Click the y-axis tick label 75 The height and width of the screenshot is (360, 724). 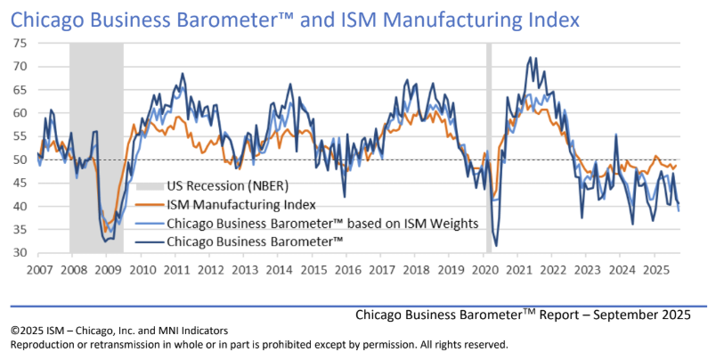tap(20, 43)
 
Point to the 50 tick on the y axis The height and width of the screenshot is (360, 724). tap(20, 160)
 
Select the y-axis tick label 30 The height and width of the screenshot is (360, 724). tap(20, 253)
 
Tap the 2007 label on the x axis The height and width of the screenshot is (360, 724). tap(39, 269)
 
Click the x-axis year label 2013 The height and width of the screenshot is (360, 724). tap(244, 269)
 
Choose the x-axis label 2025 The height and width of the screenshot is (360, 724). tap(655, 269)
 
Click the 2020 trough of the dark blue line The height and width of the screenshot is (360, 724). tap(496, 245)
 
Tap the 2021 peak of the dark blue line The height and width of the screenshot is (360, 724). tap(531, 58)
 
